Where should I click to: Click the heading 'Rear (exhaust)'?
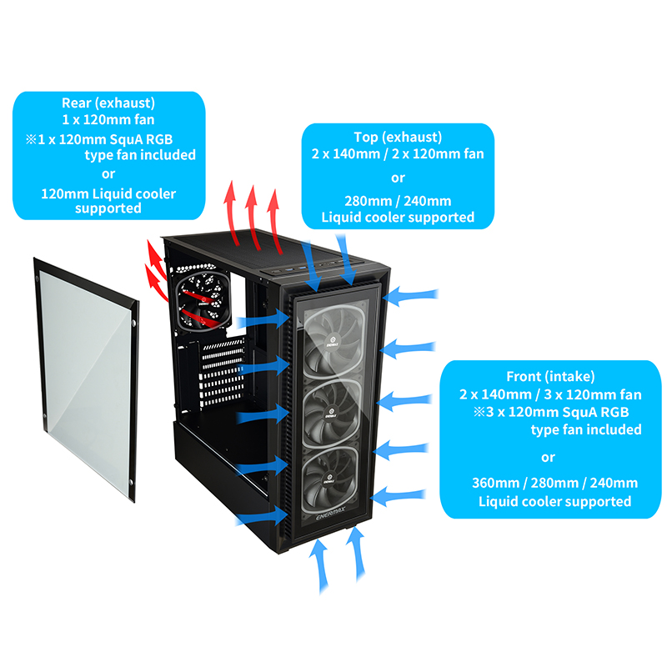108,103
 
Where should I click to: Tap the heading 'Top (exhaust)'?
398,136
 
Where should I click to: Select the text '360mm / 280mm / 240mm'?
548,484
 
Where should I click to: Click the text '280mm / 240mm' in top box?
398,200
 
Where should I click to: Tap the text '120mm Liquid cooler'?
108,193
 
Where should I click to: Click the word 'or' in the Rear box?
108,173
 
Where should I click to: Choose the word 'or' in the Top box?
398,177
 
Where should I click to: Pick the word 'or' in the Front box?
548,457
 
